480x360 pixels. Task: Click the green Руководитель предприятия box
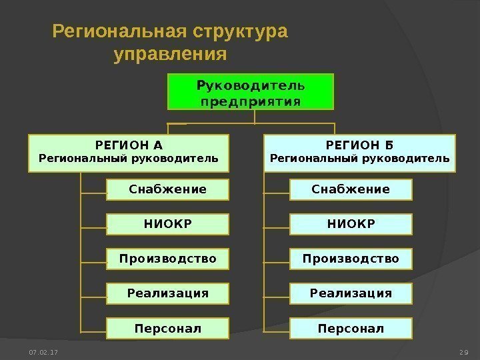point(250,93)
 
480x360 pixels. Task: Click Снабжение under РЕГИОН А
point(167,189)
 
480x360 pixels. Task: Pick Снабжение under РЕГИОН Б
point(351,189)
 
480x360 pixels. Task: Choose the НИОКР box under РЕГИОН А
point(167,224)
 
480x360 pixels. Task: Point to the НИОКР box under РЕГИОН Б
point(351,224)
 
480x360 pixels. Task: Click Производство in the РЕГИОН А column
point(167,259)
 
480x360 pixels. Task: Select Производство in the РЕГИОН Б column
point(351,259)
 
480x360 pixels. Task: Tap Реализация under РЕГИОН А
point(167,293)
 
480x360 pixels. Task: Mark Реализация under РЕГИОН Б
point(351,293)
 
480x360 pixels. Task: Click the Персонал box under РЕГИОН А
point(167,328)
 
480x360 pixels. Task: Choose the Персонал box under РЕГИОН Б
point(351,328)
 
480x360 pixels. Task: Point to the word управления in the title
point(171,53)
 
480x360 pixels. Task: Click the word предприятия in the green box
point(250,102)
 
